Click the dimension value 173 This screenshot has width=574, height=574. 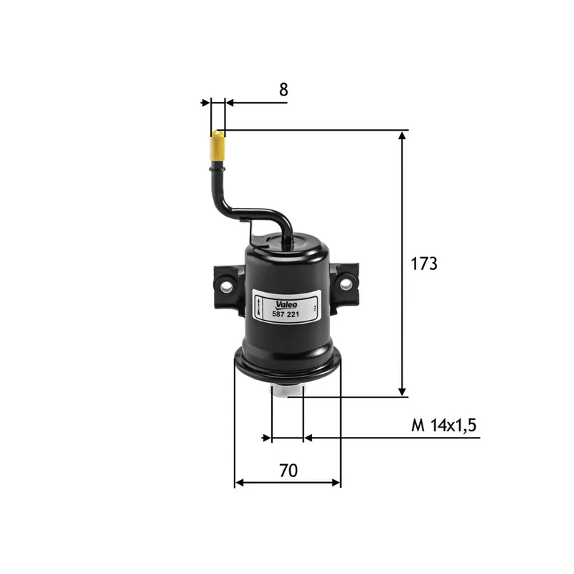423,263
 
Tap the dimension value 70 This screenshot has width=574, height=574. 288,471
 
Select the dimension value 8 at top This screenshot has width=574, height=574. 283,90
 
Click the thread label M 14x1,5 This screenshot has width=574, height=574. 444,425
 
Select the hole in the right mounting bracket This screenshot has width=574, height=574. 346,283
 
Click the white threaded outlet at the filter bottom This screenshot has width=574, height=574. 287,391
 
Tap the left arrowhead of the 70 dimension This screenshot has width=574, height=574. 240,483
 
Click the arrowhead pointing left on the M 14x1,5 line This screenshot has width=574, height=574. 309,437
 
